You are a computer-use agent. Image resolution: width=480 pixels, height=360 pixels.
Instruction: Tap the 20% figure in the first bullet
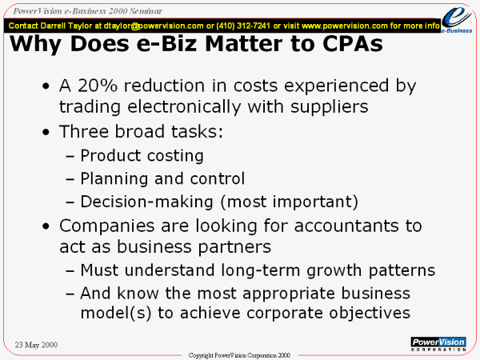click(98, 86)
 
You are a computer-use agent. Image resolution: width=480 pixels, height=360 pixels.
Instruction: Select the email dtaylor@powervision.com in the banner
click(154, 26)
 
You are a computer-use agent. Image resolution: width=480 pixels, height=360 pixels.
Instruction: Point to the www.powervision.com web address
click(345, 26)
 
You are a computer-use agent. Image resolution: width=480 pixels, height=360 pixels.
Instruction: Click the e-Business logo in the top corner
click(457, 19)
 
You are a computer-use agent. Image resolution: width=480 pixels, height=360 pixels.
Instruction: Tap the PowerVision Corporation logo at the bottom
click(438, 344)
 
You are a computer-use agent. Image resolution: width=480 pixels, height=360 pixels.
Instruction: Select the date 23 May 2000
click(36, 345)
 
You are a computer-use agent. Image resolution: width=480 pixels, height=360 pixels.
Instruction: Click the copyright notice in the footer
click(239, 355)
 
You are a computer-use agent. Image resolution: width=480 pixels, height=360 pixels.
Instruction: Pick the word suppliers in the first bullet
click(329, 107)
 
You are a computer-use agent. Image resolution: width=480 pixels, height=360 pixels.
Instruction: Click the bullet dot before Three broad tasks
click(46, 132)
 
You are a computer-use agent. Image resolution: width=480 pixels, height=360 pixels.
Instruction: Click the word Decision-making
click(146, 202)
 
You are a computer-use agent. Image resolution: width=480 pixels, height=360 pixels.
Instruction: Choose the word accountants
click(346, 226)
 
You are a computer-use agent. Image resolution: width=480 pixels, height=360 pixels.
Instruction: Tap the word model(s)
click(116, 313)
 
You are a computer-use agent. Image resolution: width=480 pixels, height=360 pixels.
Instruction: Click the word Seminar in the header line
click(146, 11)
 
